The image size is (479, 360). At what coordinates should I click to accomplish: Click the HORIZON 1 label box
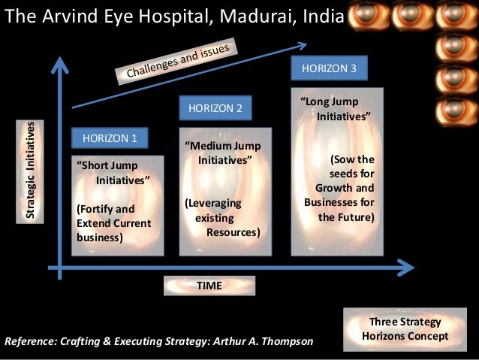point(110,138)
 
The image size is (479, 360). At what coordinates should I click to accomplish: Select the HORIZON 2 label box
point(215,108)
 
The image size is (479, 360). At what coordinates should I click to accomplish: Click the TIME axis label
point(209,286)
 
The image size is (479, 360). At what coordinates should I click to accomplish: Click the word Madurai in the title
point(240,17)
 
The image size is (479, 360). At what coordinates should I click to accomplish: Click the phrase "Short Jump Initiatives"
point(113,173)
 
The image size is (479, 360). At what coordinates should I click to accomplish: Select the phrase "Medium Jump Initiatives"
point(222,153)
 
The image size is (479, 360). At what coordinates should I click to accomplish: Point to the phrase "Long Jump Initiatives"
point(334,110)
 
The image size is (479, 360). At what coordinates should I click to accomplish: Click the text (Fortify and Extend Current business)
point(114,223)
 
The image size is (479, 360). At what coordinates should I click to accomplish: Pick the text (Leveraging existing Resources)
point(222,218)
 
